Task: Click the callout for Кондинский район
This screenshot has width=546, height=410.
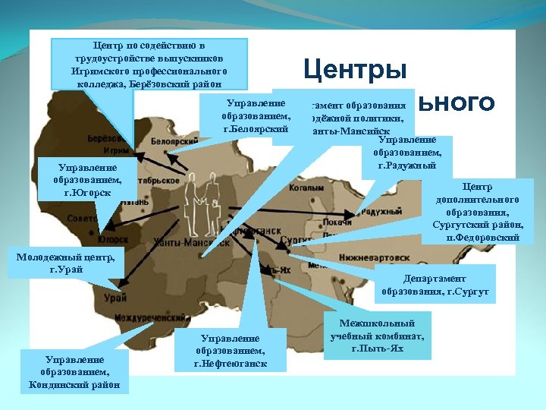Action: [x=75, y=372]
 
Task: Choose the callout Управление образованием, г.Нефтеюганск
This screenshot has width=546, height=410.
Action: [x=230, y=350]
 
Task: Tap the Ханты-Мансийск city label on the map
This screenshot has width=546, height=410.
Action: [x=180, y=242]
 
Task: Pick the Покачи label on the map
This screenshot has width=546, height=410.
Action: [x=337, y=223]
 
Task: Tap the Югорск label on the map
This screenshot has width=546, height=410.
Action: [x=112, y=238]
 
